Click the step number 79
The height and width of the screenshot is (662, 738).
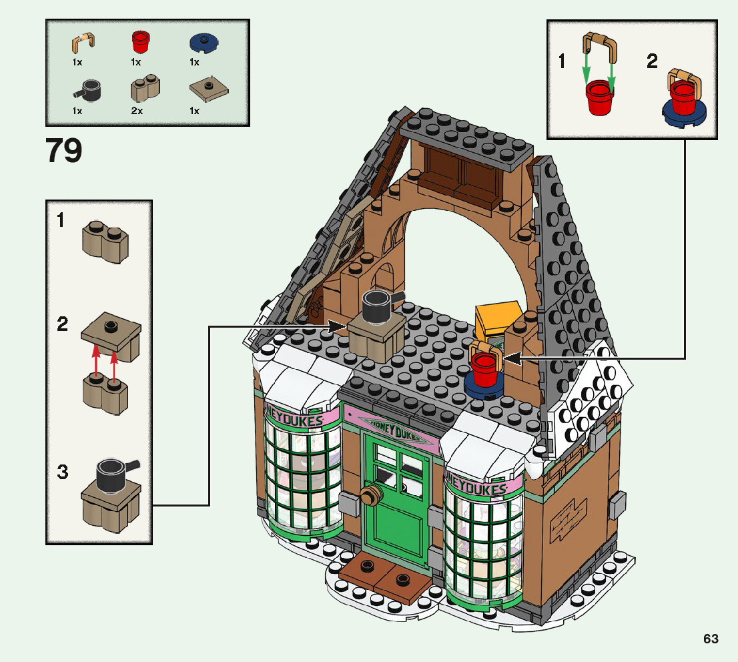coord(65,151)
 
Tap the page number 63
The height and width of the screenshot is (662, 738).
coord(711,639)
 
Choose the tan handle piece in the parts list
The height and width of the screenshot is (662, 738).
coord(80,43)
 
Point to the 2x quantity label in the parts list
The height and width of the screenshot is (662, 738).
coord(137,111)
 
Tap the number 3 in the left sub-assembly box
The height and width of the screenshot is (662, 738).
coord(62,472)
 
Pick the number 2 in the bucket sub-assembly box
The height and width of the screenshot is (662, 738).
coord(652,62)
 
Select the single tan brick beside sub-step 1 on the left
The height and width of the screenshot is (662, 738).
coord(105,244)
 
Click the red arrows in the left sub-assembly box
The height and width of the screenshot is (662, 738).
coord(105,360)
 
